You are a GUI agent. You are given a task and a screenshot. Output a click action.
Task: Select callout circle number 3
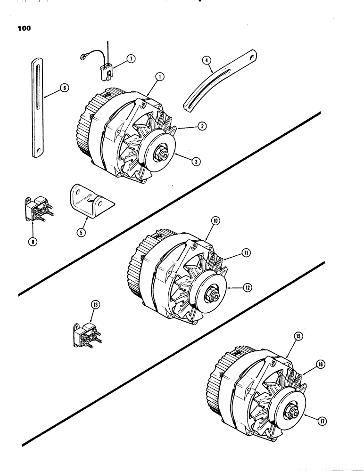tap(196, 161)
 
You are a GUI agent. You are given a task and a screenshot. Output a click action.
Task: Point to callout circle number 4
tap(206, 61)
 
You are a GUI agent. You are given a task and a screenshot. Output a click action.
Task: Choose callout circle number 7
tap(131, 58)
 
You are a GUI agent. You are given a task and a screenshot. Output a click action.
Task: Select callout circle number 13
tap(83, 305)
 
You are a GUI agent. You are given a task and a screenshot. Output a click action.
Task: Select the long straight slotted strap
tap(37, 108)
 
